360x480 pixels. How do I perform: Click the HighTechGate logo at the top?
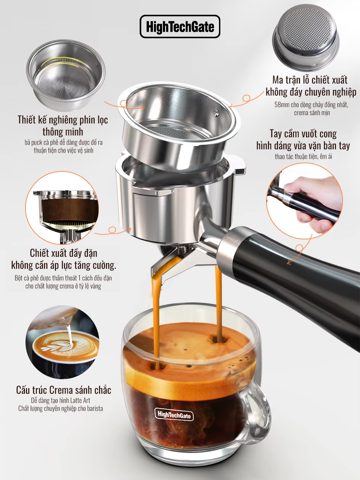click(180, 27)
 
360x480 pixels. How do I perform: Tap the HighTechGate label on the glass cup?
click(174, 415)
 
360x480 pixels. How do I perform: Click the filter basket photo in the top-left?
click(66, 75)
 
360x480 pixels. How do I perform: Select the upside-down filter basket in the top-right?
click(305, 37)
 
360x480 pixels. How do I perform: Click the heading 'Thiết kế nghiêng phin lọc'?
click(63, 120)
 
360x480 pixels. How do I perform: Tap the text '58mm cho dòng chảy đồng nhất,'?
click(311, 105)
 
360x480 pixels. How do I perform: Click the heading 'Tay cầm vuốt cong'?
click(303, 134)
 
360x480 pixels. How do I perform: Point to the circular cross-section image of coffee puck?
click(62, 208)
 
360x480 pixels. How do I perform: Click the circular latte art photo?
click(63, 342)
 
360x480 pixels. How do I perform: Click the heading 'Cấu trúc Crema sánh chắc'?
click(63, 390)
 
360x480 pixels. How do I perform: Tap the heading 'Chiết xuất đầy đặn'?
click(63, 253)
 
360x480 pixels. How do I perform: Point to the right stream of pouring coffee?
click(219, 300)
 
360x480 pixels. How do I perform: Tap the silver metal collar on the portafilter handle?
click(230, 245)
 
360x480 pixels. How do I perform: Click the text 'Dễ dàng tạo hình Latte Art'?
click(61, 400)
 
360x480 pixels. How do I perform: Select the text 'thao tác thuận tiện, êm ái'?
click(303, 156)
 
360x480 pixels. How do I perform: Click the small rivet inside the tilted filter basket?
click(216, 112)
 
